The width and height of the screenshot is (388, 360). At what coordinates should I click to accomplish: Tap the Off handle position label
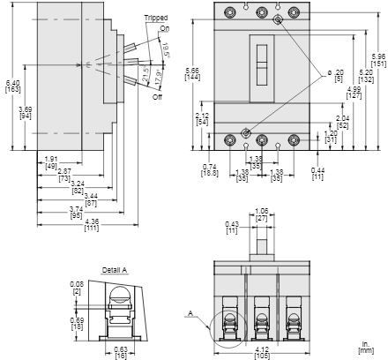point(158,96)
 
